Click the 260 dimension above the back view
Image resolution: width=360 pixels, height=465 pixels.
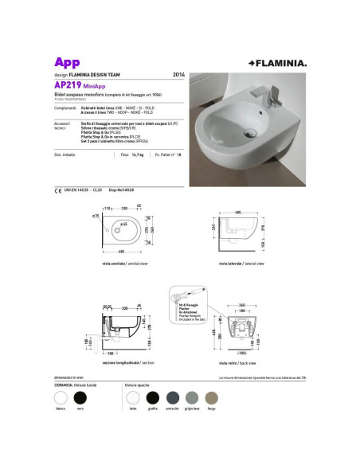(x=242, y=306)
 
